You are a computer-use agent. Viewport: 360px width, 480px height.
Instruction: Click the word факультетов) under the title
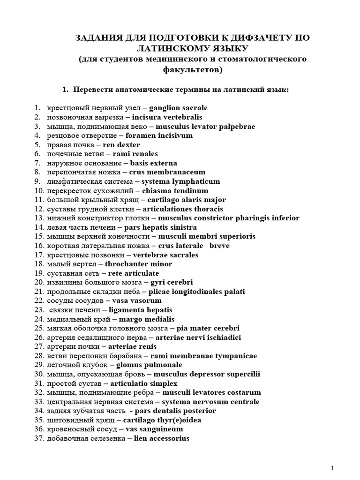[193, 70]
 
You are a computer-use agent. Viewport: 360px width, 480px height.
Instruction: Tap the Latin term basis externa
[154, 163]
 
